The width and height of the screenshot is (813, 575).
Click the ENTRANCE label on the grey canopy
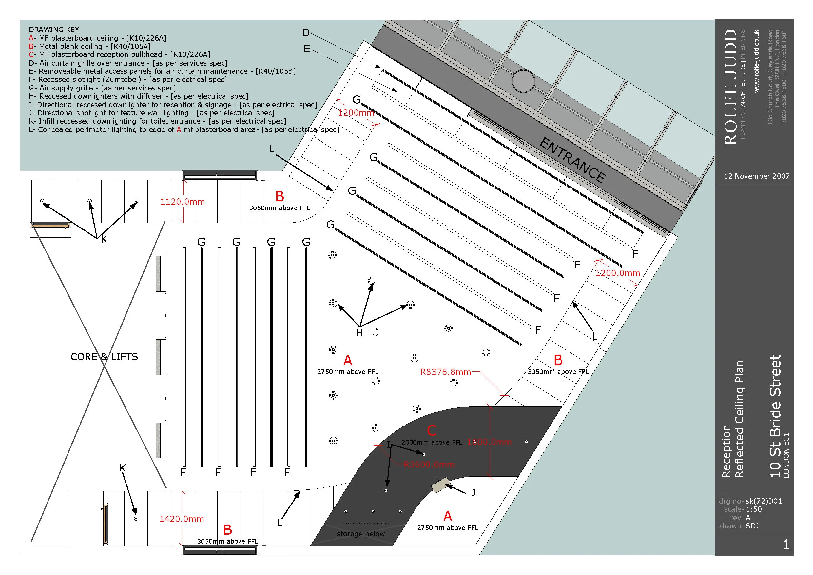point(572,160)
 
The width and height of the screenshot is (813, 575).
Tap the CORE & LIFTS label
point(104,357)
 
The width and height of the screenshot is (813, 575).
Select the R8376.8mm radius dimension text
point(445,372)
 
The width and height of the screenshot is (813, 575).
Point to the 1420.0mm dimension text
point(181,519)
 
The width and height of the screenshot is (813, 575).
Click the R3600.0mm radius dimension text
point(429,465)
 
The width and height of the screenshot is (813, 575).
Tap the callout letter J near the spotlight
point(474,493)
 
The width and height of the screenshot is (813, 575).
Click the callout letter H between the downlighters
point(360,333)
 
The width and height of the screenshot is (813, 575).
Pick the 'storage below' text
point(360,534)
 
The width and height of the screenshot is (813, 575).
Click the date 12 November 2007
point(757,176)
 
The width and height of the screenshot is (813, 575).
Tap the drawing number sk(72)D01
point(764,501)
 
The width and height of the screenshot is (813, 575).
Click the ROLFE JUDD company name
point(730,87)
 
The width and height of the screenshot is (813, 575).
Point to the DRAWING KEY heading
point(54,30)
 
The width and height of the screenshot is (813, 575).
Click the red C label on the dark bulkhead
point(431,430)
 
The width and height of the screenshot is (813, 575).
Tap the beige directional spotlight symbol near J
point(440,485)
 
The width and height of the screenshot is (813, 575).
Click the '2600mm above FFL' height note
point(432,443)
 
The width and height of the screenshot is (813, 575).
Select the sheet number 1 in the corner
point(786,545)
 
